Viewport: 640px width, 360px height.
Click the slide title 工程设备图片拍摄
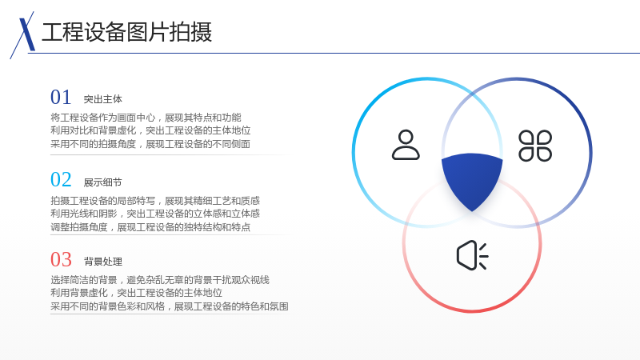point(127,32)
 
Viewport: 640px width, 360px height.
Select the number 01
point(61,97)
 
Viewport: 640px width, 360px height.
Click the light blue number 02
point(61,179)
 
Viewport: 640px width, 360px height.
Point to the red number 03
point(61,259)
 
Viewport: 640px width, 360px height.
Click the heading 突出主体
point(103,99)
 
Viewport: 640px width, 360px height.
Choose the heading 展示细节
point(103,182)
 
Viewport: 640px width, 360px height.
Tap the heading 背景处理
point(103,262)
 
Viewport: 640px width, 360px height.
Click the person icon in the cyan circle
point(406,145)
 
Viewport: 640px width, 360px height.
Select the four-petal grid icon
point(535,146)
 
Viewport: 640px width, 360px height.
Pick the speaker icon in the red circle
point(472,255)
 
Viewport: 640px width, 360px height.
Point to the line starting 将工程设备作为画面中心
point(146,118)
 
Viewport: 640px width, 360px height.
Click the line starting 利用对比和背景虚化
point(150,130)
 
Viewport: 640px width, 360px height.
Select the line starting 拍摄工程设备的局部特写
point(155,201)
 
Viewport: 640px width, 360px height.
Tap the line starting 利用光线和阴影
point(155,214)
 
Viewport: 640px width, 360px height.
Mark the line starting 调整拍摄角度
point(150,227)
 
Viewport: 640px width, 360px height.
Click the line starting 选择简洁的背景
point(160,280)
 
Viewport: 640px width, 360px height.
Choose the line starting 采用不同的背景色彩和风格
point(170,306)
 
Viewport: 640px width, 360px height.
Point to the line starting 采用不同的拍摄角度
point(150,144)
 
